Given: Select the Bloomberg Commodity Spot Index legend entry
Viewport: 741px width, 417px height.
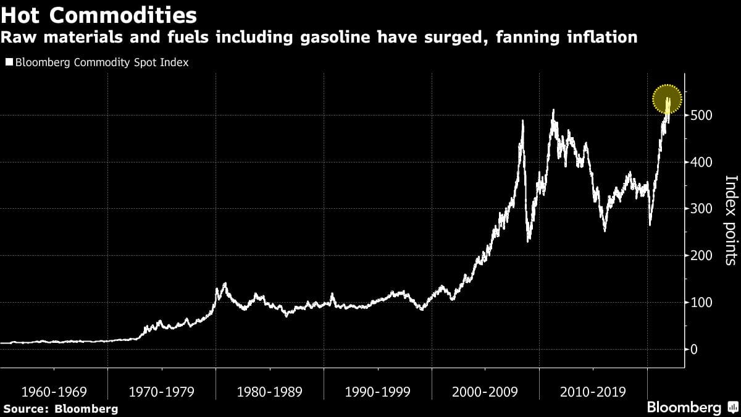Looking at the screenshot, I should pyautogui.click(x=96, y=62).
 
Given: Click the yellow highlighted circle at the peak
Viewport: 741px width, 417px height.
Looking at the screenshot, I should pyautogui.click(x=667, y=98).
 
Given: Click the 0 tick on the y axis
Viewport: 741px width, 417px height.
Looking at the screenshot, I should pyautogui.click(x=695, y=350).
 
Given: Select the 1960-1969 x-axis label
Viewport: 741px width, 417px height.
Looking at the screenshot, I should pyautogui.click(x=54, y=392).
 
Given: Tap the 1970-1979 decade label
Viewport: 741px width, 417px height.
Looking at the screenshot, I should pyautogui.click(x=162, y=392).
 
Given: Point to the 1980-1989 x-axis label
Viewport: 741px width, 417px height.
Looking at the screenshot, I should pyautogui.click(x=270, y=392).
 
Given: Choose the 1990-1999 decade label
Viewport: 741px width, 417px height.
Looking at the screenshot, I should pyautogui.click(x=378, y=392).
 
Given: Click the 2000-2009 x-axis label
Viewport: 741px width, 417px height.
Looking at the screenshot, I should pyautogui.click(x=485, y=392).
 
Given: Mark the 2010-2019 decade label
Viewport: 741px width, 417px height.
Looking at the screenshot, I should pyautogui.click(x=593, y=392).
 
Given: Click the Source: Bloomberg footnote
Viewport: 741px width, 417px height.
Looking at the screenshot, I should pyautogui.click(x=60, y=408).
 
